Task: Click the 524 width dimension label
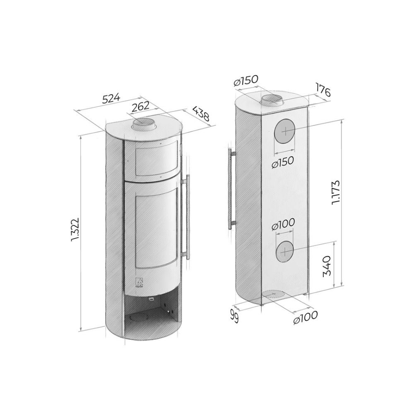tap(111, 98)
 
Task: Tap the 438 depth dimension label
tap(201, 113)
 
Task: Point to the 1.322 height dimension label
tap(75, 229)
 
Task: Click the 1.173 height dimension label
tap(336, 193)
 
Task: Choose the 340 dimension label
tap(327, 265)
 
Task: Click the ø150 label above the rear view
tap(246, 80)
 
